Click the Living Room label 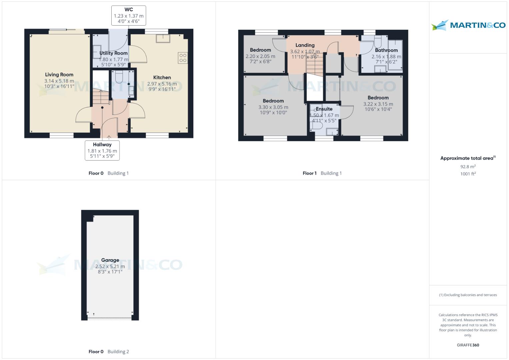click(x=59, y=75)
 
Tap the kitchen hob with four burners click(x=183, y=58)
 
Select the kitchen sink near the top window click(x=163, y=38)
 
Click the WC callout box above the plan click(x=129, y=15)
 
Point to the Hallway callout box click(x=102, y=150)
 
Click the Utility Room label click(x=113, y=53)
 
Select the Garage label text click(x=110, y=260)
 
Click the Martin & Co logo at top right click(x=468, y=25)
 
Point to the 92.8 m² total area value click(x=468, y=167)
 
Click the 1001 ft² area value click(x=468, y=174)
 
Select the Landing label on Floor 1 click(x=305, y=45)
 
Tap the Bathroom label click(x=386, y=50)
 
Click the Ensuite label click(x=324, y=109)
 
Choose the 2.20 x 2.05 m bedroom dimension click(x=260, y=56)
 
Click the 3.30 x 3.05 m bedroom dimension click(x=273, y=107)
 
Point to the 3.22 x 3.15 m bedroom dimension click(x=378, y=104)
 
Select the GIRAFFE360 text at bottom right click(x=468, y=345)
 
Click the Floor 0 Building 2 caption click(x=109, y=352)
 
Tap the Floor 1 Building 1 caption click(x=322, y=173)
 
